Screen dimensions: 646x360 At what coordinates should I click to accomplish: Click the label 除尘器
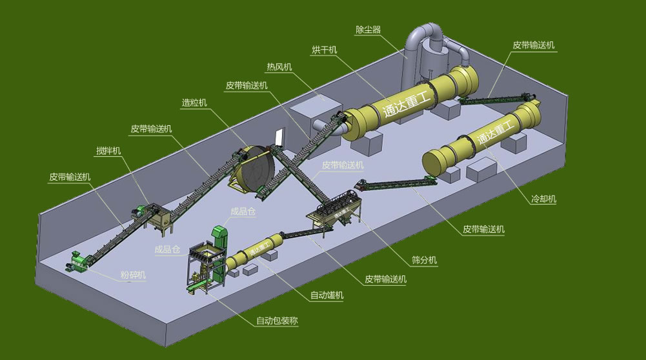368,30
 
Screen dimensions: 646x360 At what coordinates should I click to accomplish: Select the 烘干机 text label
324,50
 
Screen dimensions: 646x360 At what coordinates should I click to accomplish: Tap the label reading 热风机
279,66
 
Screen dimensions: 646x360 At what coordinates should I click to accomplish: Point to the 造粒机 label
194,103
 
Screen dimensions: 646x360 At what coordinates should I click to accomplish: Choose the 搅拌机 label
108,151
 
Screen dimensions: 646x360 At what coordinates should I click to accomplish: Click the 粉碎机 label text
133,275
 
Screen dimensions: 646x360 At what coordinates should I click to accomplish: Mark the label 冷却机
543,199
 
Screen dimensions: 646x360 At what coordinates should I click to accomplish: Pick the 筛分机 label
425,260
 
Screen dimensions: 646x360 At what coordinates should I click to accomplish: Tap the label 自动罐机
327,295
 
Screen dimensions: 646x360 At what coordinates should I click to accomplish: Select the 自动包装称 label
277,321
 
